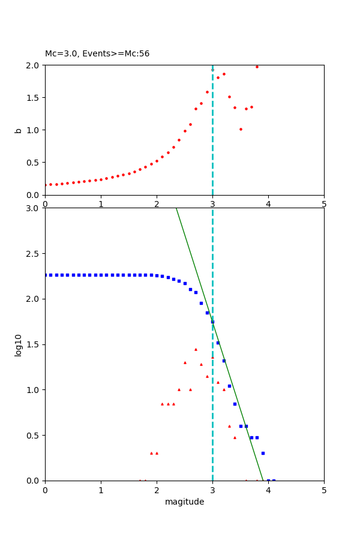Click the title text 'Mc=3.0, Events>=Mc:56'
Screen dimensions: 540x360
coord(97,54)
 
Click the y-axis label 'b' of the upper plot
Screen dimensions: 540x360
coord(18,130)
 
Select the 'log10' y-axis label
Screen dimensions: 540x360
coord(19,345)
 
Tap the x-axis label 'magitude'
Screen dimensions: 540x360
coord(184,502)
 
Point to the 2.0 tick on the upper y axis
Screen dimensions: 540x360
coord(34,65)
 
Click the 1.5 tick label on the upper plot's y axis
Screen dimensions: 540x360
coord(34,97)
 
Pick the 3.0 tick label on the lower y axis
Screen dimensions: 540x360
coord(34,208)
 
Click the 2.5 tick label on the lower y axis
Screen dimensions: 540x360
coord(34,254)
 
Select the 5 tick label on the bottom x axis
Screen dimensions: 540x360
coord(324,490)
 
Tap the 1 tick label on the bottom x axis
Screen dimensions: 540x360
coord(101,490)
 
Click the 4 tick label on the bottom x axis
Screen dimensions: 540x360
coord(268,490)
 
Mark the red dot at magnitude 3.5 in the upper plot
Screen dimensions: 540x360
coord(241,129)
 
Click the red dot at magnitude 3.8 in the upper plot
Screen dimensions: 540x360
coord(257,67)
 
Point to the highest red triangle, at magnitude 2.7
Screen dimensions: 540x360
coord(196,349)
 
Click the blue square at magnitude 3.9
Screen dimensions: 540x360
coord(263,453)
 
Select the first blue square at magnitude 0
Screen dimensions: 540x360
coord(46,275)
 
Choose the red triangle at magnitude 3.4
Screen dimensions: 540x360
coord(235,437)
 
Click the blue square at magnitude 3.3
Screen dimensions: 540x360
coord(229,386)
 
